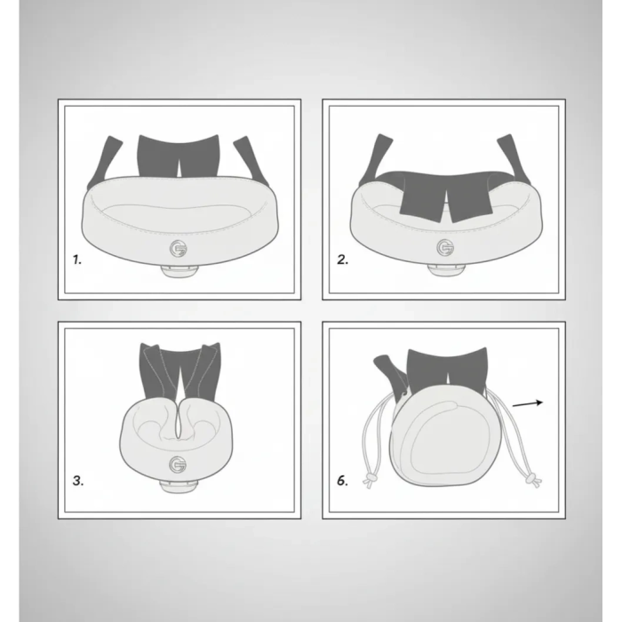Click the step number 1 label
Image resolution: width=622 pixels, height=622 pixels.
[x=77, y=259]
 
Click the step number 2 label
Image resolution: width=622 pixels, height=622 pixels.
[x=342, y=259]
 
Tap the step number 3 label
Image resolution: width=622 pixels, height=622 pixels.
[x=78, y=481]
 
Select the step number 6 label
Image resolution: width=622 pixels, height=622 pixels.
[x=342, y=481]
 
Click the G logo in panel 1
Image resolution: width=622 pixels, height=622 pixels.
[x=178, y=249]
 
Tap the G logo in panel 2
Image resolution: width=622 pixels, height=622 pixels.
[x=445, y=248]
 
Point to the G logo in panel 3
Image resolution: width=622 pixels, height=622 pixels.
[x=178, y=465]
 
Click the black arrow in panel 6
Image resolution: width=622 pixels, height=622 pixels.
[x=528, y=403]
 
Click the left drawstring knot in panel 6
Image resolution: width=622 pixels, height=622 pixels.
[x=371, y=480]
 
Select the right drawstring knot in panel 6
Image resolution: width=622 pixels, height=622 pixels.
[x=533, y=480]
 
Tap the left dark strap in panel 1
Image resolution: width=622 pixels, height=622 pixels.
[x=104, y=162]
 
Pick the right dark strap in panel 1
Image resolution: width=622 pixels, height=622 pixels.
[x=252, y=161]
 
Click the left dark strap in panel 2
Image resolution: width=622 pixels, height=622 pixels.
[x=375, y=159]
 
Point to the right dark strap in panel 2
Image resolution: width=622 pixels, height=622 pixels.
[x=514, y=159]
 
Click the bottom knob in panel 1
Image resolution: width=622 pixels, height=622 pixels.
[x=179, y=270]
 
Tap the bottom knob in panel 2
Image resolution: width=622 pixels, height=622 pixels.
[x=446, y=269]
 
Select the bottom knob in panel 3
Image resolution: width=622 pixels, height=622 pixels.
[x=179, y=486]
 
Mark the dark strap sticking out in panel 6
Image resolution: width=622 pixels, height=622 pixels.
[x=391, y=373]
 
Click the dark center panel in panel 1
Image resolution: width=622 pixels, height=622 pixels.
[x=178, y=156]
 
